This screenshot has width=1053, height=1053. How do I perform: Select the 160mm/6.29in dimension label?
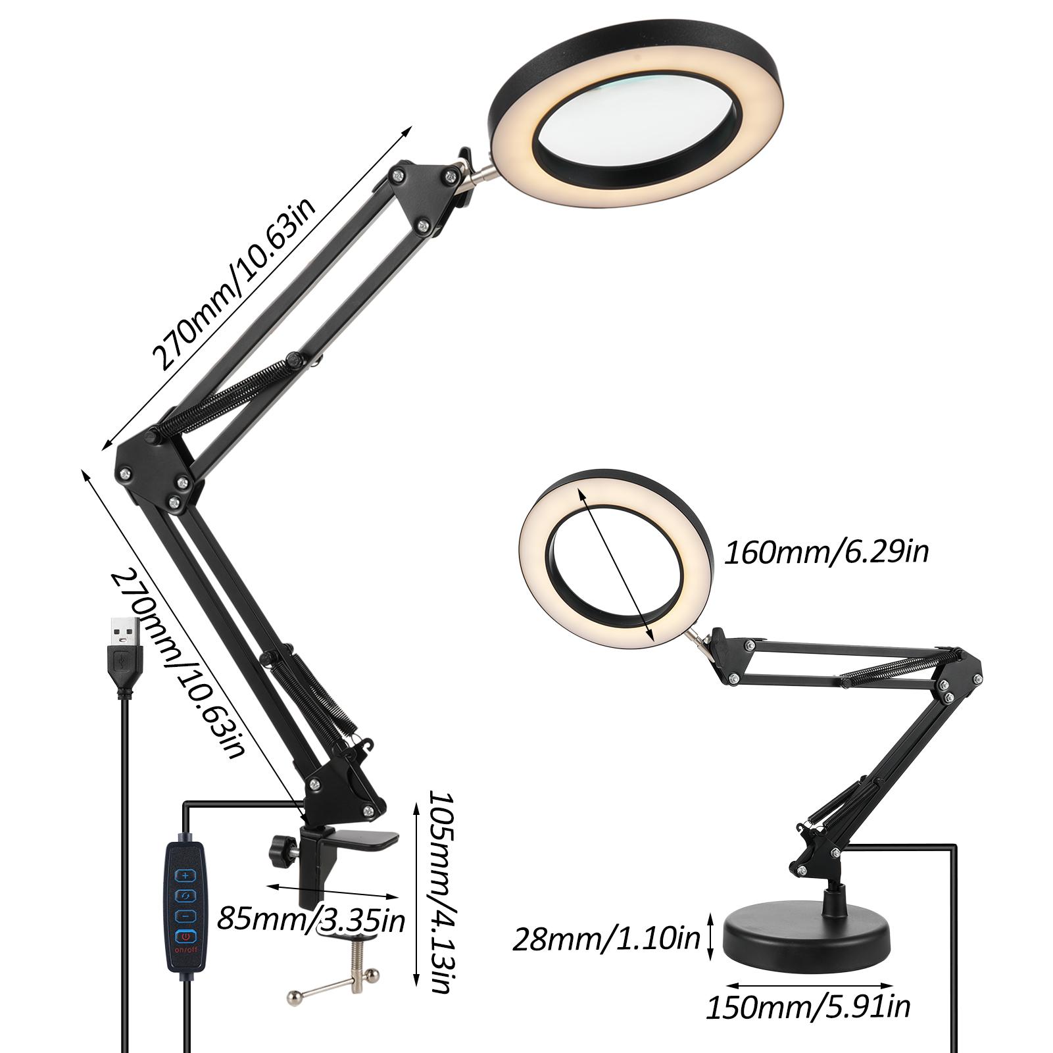[x=826, y=552]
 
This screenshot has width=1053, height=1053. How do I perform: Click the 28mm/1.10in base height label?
[x=606, y=939]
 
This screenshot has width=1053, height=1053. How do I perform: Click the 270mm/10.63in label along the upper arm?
[x=235, y=285]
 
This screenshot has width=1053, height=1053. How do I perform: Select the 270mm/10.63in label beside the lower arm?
[x=179, y=664]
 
